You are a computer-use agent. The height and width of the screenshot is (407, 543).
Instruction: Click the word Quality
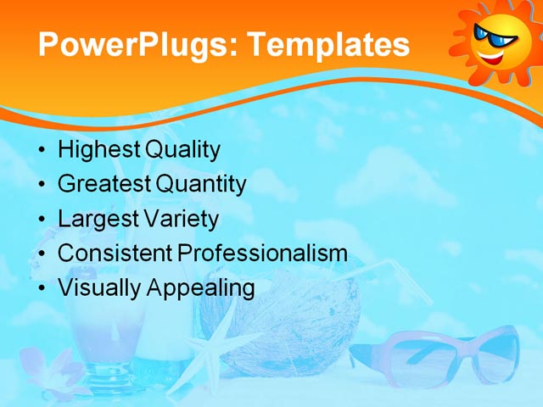182,150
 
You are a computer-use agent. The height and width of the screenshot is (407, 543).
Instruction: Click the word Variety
180,219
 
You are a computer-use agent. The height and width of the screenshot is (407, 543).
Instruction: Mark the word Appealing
201,288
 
